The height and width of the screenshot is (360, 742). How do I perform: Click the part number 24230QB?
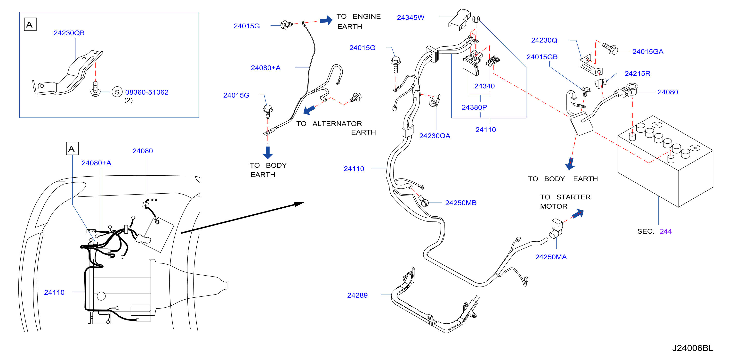tap(69, 33)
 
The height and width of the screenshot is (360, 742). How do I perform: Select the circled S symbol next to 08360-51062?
tap(117, 92)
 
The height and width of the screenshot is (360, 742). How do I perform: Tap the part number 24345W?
tap(411, 17)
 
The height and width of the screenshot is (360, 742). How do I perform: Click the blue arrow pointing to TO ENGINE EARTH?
tap(326, 20)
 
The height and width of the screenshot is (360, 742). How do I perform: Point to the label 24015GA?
tap(648, 52)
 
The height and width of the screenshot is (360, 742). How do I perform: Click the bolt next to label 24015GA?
tap(610, 49)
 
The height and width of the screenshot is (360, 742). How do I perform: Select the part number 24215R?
tap(637, 74)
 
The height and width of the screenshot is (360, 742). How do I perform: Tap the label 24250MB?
tap(461, 203)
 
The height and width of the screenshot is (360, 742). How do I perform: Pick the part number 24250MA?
tap(551, 257)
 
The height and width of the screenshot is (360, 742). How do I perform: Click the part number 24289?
tap(357, 295)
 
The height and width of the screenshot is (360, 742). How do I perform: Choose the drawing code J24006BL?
tap(693, 348)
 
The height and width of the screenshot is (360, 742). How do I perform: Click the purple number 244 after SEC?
tap(666, 231)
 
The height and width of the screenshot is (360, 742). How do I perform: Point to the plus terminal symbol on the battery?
tap(695, 148)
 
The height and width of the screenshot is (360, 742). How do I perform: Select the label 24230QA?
tap(435, 136)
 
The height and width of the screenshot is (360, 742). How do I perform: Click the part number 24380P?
tap(474, 107)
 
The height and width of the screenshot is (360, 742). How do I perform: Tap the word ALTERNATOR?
tap(337, 124)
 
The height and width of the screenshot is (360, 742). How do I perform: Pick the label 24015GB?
tap(542, 57)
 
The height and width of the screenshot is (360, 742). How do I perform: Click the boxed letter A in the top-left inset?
tap(30, 25)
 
